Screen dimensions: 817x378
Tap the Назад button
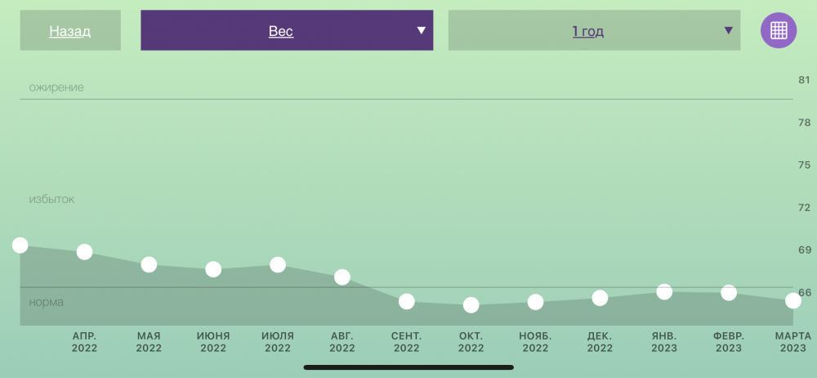70,31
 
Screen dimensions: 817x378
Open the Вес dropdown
287,31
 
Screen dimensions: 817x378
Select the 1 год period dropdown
594,31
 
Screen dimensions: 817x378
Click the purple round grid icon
779,30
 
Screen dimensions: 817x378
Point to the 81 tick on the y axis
805,80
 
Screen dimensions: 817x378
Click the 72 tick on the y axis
805,207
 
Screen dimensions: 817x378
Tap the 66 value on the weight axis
805,292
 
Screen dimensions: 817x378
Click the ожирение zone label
56,88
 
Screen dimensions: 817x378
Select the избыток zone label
51,199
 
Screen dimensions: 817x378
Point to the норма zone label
47,302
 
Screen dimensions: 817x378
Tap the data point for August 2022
342,277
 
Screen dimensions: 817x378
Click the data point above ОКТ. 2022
471,305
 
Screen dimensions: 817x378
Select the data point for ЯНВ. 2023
664,291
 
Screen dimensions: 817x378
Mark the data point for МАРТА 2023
793,300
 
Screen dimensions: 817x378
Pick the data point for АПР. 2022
84,252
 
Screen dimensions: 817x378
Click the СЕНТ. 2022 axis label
406,342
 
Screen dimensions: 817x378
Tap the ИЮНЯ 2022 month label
213,342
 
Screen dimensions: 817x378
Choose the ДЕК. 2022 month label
600,342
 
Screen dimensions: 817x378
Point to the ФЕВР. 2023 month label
729,342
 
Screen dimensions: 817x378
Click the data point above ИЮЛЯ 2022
278,265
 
